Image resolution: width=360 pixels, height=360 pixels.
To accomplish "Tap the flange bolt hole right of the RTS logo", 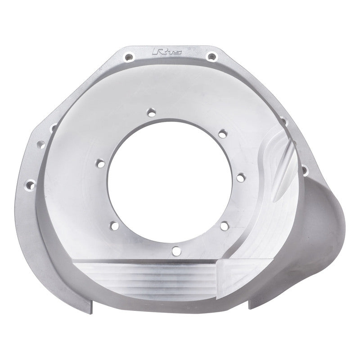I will (211, 56).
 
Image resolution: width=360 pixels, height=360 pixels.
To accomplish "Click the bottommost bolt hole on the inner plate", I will (176, 251).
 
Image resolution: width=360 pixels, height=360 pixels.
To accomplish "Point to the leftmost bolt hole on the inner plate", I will (99, 162).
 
